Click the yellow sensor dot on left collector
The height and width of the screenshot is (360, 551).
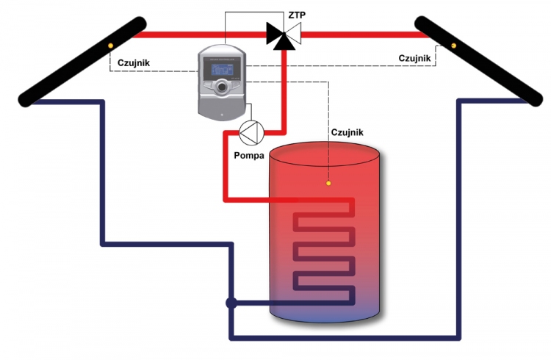[x=110, y=46]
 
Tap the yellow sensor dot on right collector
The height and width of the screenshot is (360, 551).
[x=453, y=46]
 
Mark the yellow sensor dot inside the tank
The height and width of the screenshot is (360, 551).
[x=328, y=183]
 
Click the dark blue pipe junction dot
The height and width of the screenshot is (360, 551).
[x=231, y=302]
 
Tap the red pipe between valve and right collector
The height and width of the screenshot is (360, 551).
[x=360, y=34]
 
